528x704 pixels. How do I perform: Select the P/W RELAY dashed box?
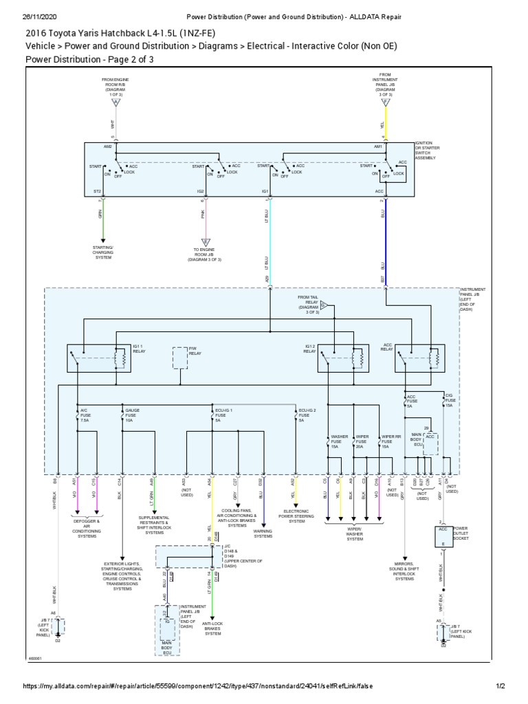coord(179,358)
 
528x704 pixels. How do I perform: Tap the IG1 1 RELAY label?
coord(140,349)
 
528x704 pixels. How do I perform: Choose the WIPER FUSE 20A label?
coord(362,441)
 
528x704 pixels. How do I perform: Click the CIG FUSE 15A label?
coord(449,401)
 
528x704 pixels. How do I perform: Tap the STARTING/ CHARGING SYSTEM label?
coord(103,252)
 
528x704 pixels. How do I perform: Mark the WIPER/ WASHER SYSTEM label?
coord(355,535)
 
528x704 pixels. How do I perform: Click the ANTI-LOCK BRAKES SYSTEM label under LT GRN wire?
coord(213,628)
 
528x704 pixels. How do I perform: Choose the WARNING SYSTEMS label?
coord(263,533)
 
